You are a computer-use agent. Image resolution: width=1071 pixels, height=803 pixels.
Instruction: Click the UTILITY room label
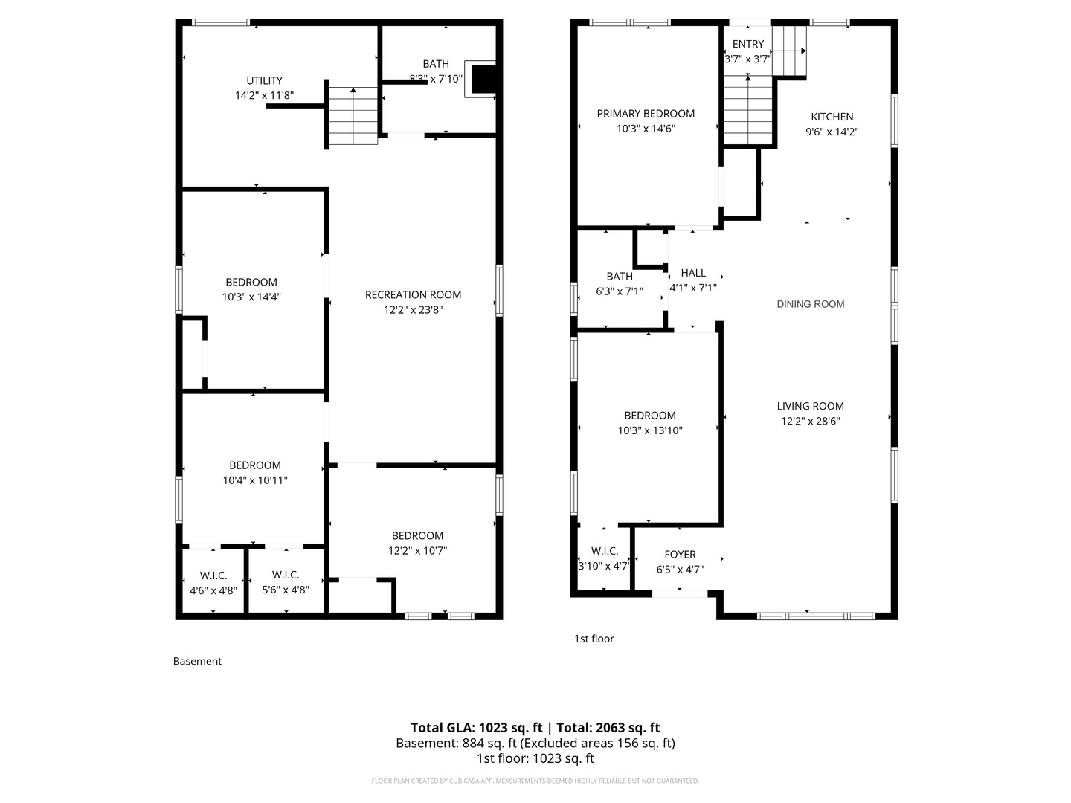[264, 80]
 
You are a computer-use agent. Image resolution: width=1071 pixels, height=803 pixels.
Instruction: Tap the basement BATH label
[436, 64]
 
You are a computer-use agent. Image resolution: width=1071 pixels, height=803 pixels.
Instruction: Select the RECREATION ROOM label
[413, 294]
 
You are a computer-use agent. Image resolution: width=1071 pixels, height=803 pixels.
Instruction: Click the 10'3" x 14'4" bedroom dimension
[251, 297]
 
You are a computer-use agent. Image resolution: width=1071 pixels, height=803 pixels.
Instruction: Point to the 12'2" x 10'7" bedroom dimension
[417, 550]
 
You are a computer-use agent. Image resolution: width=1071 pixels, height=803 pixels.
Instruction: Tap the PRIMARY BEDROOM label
[646, 113]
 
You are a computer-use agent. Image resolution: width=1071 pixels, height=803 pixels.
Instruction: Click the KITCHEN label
[832, 117]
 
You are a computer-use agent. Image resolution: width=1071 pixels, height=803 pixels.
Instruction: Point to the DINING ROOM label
[810, 304]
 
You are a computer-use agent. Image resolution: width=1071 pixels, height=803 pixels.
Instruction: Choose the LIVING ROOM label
[810, 406]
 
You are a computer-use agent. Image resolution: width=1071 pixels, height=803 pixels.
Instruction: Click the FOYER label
[680, 555]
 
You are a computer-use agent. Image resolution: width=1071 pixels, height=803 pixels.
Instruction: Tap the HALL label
[693, 273]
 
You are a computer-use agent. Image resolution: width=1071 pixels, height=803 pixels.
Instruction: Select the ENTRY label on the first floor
[747, 44]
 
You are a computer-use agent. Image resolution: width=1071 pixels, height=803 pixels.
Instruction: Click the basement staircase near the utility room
[353, 116]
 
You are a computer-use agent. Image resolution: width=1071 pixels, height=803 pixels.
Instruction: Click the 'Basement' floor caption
[197, 661]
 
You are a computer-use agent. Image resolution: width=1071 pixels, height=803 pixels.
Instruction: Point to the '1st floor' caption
[594, 639]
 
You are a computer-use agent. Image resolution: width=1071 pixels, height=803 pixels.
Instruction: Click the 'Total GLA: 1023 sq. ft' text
[476, 728]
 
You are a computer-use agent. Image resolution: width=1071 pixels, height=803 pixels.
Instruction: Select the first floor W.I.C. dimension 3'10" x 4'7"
[604, 566]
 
